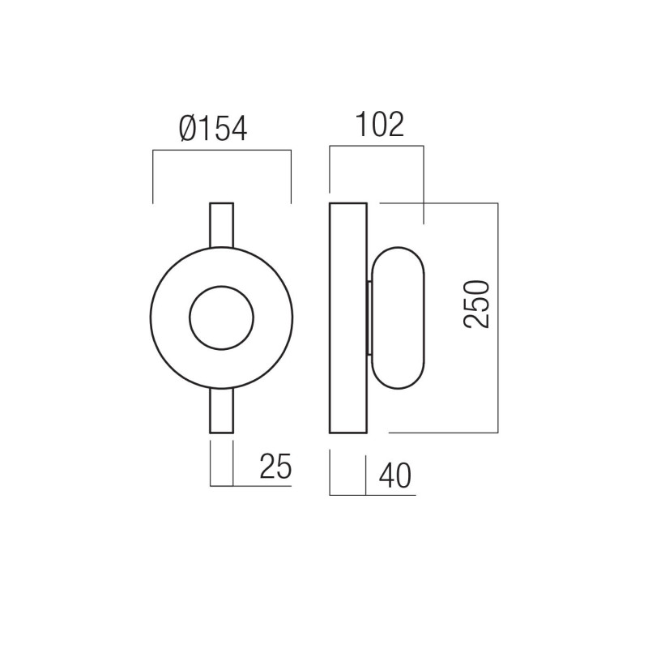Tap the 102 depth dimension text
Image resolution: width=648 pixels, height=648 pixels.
tap(378, 126)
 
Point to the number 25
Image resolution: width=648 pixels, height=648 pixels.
tap(275, 468)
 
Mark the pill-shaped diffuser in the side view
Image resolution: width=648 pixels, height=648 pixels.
tap(398, 317)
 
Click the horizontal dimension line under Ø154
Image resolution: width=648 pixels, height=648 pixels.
tap(221, 149)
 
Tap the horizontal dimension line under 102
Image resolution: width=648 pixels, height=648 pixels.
tap(377, 147)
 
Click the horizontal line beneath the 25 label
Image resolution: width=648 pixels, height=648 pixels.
tap(251, 486)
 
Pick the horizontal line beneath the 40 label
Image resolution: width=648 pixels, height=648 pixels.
tap(373, 493)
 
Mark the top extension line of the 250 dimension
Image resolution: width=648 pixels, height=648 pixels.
tap(437, 202)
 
